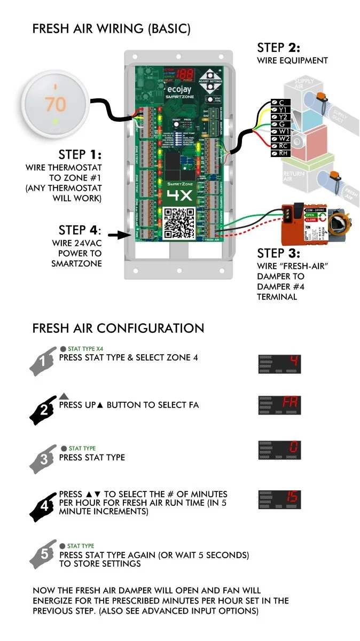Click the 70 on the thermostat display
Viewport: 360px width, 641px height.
point(55,104)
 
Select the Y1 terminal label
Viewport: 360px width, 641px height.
point(281,110)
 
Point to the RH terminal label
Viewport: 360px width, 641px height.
point(281,153)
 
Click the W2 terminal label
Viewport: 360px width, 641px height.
point(281,138)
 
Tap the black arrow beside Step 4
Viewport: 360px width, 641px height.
point(116,234)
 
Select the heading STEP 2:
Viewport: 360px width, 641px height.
point(278,48)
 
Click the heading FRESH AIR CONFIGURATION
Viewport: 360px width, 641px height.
point(118,328)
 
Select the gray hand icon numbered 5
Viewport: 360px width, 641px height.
point(44,556)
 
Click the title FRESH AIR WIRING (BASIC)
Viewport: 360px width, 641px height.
point(111,28)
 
